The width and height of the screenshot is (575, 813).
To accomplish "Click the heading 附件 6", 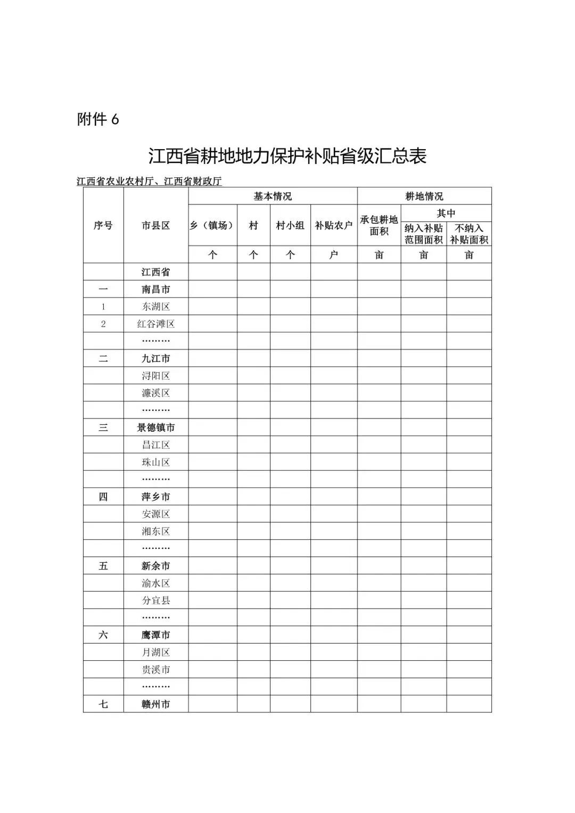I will coord(98,120).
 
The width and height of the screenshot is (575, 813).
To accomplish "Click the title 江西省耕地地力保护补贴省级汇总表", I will coord(287,157).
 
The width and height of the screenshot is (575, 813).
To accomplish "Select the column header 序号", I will coord(103,226).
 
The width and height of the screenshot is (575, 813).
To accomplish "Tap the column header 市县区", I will coord(155,226).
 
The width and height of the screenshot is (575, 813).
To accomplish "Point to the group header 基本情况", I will coord(273,196).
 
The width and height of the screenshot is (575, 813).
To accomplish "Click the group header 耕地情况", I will coord(424,196).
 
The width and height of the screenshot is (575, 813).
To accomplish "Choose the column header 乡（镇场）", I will coord(212,226).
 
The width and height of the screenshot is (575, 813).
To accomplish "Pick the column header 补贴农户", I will coord(334,226).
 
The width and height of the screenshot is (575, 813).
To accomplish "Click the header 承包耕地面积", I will coord(379,226).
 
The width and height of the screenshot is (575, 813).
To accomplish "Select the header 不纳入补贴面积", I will coord(469,234).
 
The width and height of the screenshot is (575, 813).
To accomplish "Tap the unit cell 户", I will coord(334,255).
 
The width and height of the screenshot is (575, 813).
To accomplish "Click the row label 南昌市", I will coord(155,290).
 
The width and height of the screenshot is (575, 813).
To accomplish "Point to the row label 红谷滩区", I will coord(155,324).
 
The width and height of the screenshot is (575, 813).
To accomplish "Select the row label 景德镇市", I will coord(155,428).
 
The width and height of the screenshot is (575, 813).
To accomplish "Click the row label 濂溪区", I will coord(155,393).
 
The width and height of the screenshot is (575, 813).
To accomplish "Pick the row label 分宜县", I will coord(155,600).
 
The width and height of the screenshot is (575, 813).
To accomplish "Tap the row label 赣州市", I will coord(155,704).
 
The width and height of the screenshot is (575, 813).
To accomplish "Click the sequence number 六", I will coord(103,635).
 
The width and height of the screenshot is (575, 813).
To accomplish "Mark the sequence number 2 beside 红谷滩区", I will coord(103,324).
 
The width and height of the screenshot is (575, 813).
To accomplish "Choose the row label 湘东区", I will coord(155,531).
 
